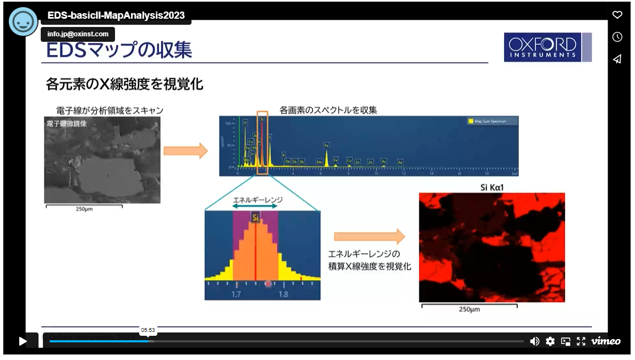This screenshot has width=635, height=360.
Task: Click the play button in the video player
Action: [x=23, y=341]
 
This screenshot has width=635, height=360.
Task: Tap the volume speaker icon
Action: [x=534, y=341]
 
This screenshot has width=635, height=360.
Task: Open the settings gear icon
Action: [x=550, y=341]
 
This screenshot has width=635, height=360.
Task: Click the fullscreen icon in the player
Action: [x=581, y=341]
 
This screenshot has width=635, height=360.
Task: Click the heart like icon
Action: [x=617, y=15]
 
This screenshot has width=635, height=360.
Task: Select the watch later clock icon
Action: [x=617, y=37]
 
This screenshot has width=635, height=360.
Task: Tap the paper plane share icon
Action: [x=617, y=59]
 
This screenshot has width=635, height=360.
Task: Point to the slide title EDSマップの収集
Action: [x=119, y=50]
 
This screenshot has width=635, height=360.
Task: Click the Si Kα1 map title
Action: [x=492, y=188]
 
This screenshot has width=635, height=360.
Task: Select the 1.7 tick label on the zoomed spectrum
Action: [x=236, y=294]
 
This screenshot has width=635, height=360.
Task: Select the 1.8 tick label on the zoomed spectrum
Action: [x=283, y=294]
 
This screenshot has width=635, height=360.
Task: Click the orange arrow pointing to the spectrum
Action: [x=185, y=150]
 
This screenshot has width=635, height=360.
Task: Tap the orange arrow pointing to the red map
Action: [x=369, y=237]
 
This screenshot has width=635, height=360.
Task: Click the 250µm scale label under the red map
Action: [x=469, y=309]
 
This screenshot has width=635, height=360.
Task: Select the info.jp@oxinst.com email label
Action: [x=78, y=34]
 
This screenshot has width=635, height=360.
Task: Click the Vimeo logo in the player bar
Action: [x=606, y=341]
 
